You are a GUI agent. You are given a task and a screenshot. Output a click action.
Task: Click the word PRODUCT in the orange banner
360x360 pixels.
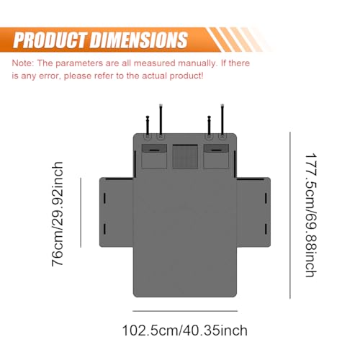tap(50, 40)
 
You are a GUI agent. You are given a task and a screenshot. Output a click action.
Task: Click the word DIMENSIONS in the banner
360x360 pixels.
tap(139, 40)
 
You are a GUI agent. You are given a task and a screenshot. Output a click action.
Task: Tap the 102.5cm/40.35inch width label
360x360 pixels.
tap(185, 330)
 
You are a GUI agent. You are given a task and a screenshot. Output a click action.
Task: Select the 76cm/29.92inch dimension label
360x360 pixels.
tap(58, 214)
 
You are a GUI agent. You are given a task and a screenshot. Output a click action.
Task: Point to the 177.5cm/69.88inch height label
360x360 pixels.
tap(311, 215)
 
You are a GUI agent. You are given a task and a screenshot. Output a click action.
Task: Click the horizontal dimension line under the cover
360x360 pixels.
tap(185, 311)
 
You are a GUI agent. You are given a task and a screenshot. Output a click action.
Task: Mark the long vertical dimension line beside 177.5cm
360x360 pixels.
tap(290, 215)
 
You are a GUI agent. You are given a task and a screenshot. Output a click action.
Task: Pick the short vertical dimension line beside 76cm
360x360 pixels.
tap(81, 212)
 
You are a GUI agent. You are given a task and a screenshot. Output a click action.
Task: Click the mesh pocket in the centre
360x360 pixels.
tap(185, 156)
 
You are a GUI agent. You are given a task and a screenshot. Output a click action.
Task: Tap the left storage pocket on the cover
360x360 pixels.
tap(154, 156)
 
